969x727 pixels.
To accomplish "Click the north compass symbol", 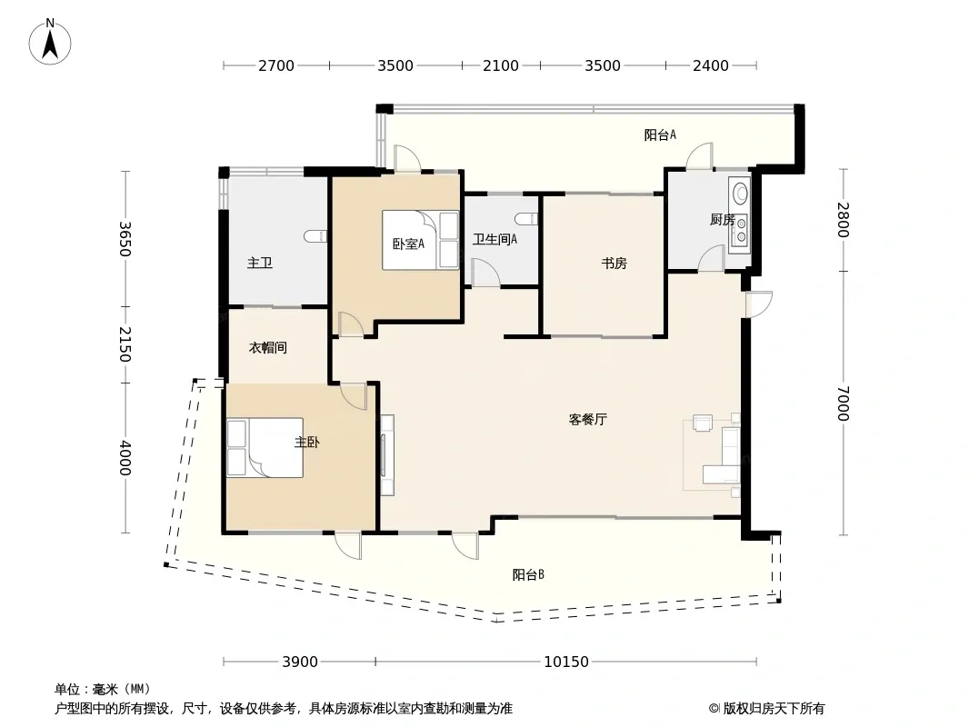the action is click(x=50, y=43).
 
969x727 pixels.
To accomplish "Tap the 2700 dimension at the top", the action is click(x=276, y=65).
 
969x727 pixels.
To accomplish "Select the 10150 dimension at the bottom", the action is click(x=566, y=662).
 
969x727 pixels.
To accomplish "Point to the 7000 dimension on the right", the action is click(x=844, y=403).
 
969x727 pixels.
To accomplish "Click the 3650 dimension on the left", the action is click(x=125, y=238).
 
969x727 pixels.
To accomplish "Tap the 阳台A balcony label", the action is click(x=660, y=134).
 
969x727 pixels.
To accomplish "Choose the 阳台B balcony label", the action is click(x=528, y=575).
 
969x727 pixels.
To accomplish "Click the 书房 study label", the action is click(x=614, y=264).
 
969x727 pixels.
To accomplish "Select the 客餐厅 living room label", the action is click(x=588, y=420).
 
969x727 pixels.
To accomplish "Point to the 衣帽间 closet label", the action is click(x=267, y=348).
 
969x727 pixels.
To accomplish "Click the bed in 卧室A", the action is click(x=420, y=240).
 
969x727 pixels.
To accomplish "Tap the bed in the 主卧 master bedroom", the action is click(x=265, y=448).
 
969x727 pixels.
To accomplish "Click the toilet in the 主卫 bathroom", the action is click(x=315, y=236).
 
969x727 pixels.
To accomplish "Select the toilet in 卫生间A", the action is click(x=526, y=219).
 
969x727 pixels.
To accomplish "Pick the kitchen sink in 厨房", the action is click(x=740, y=192).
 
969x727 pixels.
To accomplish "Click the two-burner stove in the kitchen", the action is click(x=739, y=229).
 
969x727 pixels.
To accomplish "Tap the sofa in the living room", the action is click(x=723, y=455).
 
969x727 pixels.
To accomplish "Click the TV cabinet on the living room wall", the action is click(x=387, y=455).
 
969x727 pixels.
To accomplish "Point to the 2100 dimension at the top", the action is click(x=501, y=65).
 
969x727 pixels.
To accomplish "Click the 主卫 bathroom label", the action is click(x=260, y=264).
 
